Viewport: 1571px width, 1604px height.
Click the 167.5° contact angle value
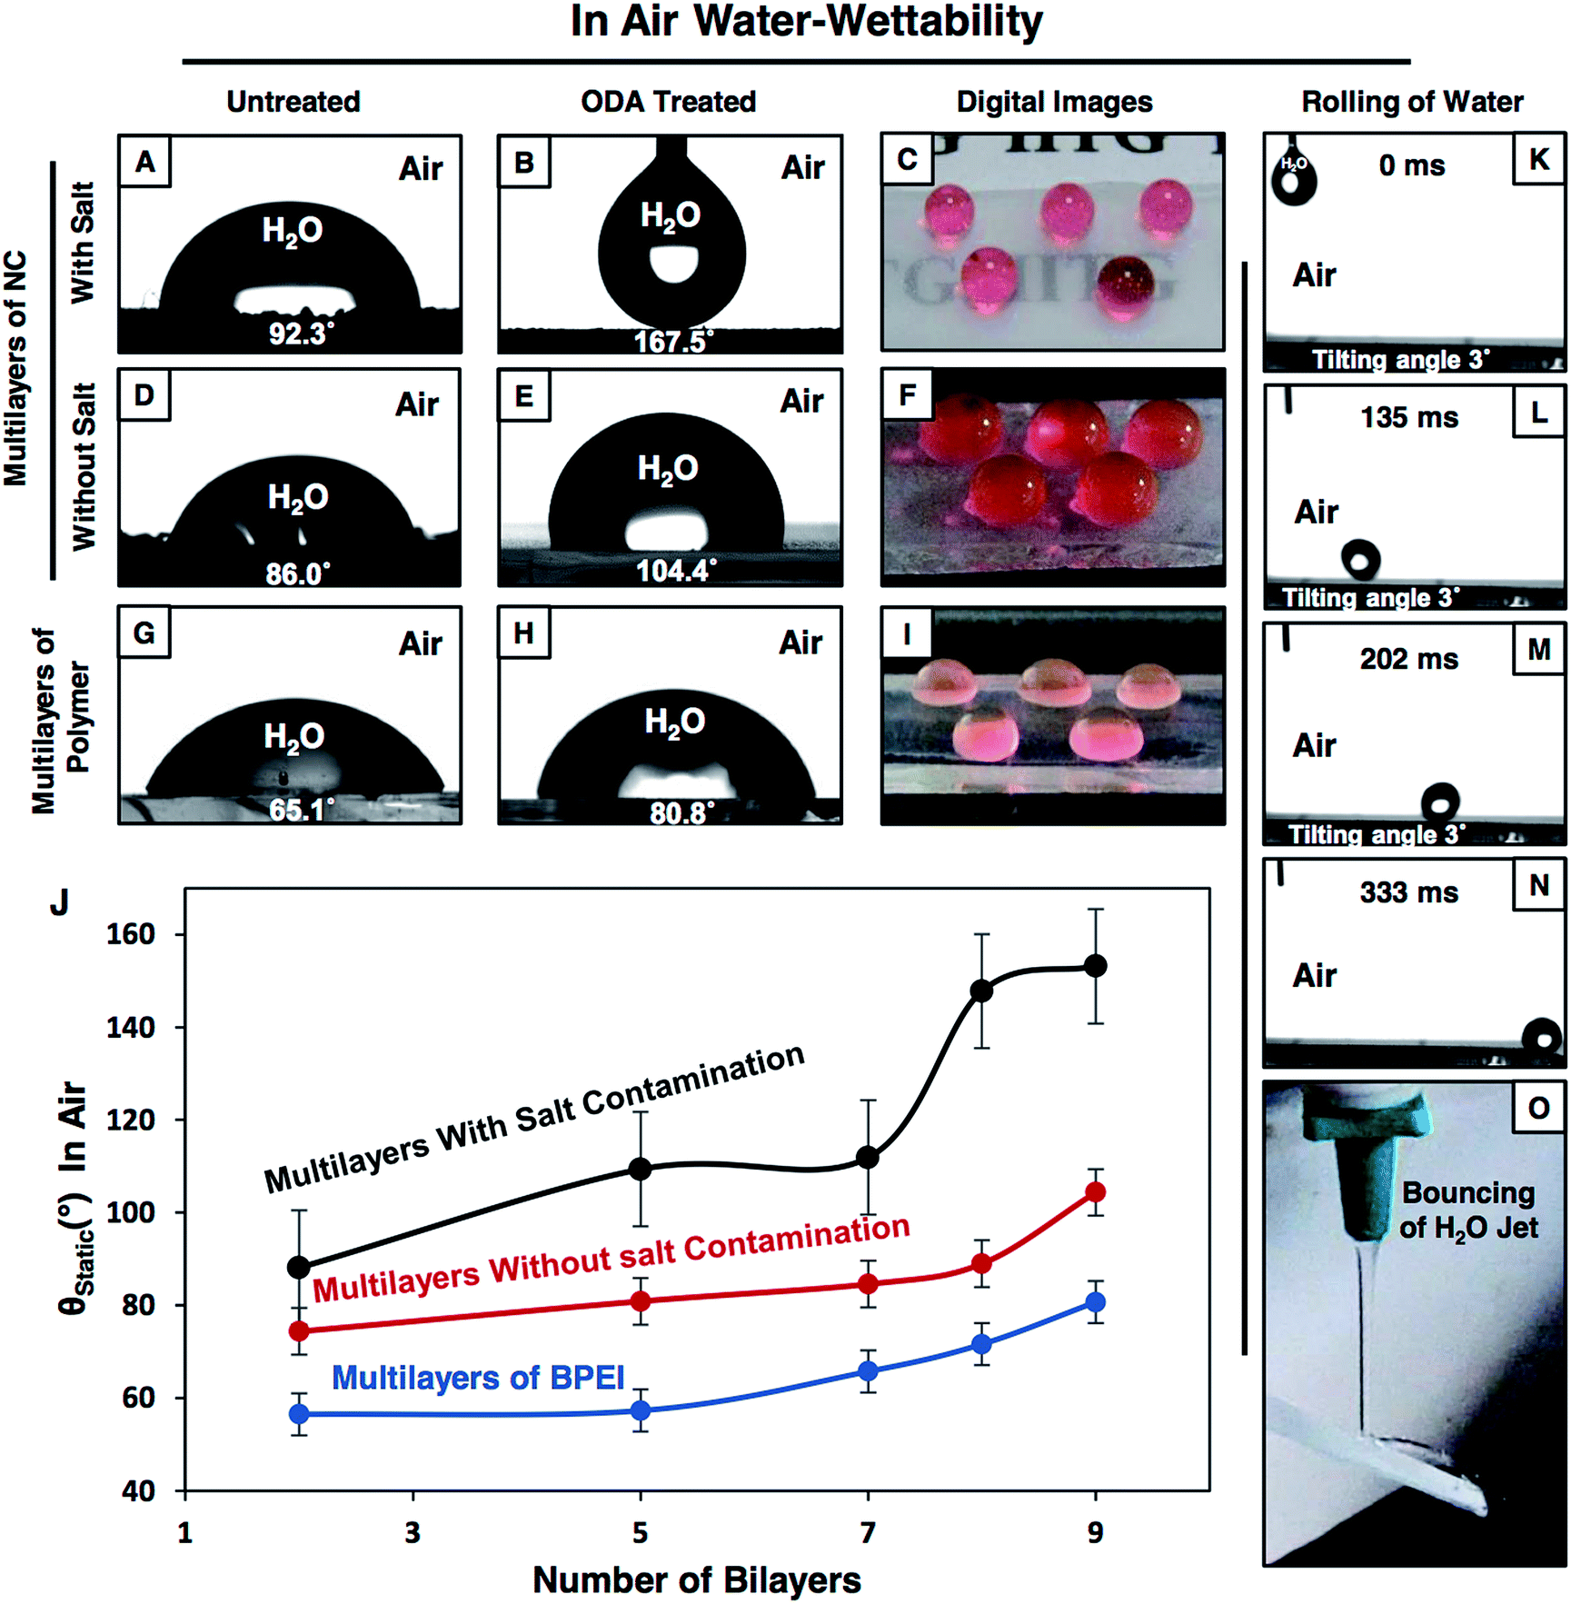point(673,342)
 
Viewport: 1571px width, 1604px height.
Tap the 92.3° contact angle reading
point(300,334)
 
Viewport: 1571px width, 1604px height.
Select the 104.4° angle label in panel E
point(676,571)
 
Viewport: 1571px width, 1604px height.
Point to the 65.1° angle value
point(301,809)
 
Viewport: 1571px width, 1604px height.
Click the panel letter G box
point(144,633)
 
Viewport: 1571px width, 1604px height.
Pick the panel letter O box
point(1538,1108)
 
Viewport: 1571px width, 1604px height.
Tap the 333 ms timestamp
point(1408,892)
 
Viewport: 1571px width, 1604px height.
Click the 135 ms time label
point(1408,417)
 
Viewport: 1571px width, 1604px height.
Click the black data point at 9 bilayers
point(1096,966)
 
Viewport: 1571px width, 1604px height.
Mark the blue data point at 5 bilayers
point(641,1410)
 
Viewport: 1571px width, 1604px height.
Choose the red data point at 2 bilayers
point(299,1330)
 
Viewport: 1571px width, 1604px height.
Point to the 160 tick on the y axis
point(131,934)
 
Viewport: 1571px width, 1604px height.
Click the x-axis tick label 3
point(413,1533)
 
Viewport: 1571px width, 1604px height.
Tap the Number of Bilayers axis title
point(696,1579)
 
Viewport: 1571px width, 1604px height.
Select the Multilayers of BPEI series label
point(478,1378)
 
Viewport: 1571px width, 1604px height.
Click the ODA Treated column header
point(668,101)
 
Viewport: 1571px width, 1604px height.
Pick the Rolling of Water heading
point(1412,101)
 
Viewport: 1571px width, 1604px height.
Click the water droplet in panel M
point(1439,802)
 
